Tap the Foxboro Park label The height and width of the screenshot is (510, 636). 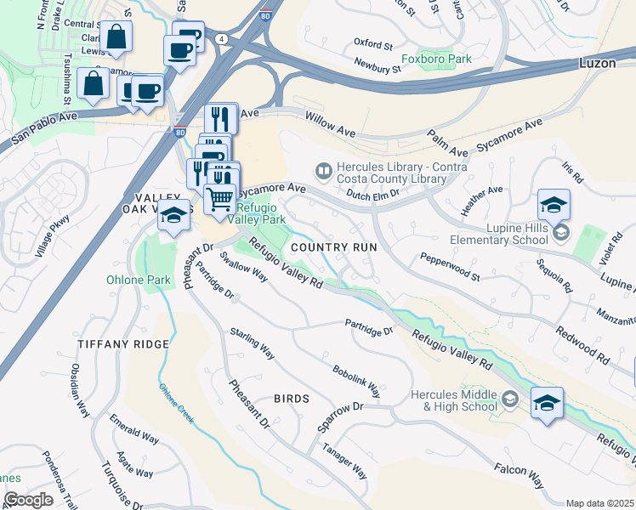click(435, 59)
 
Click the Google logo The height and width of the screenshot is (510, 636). click(28, 499)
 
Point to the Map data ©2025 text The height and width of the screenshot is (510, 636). click(599, 503)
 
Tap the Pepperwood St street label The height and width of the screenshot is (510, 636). click(450, 264)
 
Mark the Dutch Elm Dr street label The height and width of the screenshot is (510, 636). click(374, 194)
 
